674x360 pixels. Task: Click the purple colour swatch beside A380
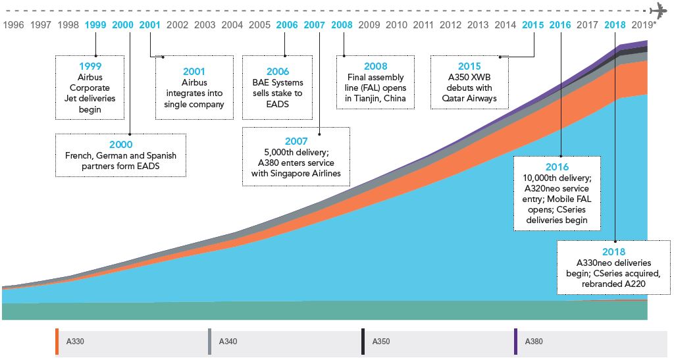click(516, 342)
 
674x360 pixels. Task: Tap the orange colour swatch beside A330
click(57, 342)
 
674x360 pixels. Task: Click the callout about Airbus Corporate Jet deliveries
click(90, 88)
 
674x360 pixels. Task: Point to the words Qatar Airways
click(469, 99)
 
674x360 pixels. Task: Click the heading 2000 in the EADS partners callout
click(120, 144)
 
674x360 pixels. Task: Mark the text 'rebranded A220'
click(613, 284)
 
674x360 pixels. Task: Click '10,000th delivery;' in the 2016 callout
click(557, 178)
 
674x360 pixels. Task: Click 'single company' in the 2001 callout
click(194, 104)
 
